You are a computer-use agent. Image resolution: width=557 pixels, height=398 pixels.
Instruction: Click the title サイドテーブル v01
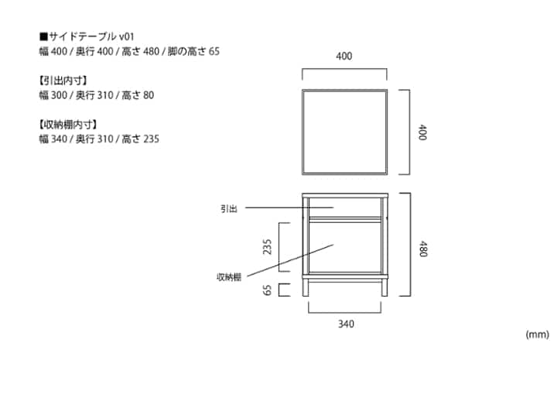tap(91, 36)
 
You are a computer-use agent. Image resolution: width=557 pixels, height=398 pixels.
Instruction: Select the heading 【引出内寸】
tap(63, 81)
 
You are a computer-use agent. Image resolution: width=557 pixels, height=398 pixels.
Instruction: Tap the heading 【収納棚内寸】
tap(68, 125)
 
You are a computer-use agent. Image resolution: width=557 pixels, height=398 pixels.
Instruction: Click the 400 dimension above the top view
tap(343, 56)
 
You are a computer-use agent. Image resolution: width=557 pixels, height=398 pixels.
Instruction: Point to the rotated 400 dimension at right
tap(422, 132)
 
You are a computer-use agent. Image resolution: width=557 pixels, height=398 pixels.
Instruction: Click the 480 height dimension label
tap(422, 249)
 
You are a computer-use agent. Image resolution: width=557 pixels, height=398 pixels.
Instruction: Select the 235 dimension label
tap(267, 247)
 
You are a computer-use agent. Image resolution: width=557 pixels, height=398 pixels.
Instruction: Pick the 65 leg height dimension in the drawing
tap(267, 290)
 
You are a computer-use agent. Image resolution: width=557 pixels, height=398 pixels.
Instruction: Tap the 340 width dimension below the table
tap(346, 324)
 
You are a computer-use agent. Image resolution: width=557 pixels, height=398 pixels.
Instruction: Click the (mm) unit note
tap(537, 335)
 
